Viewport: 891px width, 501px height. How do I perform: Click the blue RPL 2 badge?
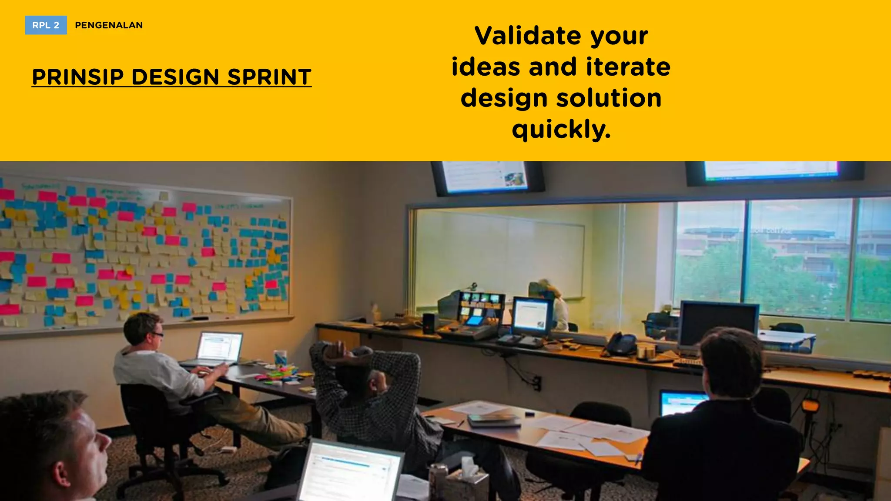pos(46,25)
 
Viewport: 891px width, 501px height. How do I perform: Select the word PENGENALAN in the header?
pos(109,25)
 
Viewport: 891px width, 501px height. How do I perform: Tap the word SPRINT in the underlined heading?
pos(269,77)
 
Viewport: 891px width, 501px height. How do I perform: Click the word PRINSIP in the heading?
pos(78,77)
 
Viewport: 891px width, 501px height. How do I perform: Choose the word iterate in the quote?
pos(628,67)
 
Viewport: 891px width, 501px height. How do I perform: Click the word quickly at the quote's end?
pos(561,130)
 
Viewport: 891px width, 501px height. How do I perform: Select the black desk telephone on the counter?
pos(621,344)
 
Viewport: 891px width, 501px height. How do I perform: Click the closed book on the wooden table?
pos(494,420)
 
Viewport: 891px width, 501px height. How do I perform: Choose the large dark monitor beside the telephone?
pos(719,324)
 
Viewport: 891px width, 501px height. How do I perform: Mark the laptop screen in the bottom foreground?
pos(350,472)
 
